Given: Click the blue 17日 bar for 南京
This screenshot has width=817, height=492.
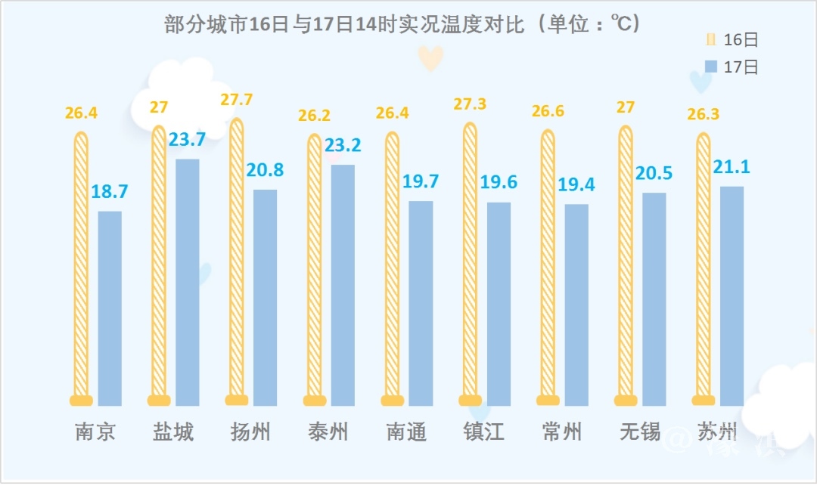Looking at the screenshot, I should tap(110, 308).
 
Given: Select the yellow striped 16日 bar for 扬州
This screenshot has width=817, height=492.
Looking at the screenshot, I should tap(236, 261).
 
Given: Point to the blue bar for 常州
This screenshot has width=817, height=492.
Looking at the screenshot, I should tap(576, 305).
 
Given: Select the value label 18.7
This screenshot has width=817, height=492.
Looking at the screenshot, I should tap(110, 191).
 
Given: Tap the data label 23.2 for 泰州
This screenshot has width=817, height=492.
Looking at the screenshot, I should tap(343, 145).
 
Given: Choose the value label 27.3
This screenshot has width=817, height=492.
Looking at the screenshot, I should tap(470, 104).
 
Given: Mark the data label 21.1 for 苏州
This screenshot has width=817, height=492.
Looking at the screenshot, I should tap(732, 166).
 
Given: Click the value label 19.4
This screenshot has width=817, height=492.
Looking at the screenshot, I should tap(576, 184).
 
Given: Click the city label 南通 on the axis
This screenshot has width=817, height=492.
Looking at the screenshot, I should tap(406, 432).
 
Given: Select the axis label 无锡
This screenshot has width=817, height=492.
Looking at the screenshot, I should tap(640, 432).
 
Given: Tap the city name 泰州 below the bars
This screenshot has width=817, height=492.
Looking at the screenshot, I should tap(328, 432).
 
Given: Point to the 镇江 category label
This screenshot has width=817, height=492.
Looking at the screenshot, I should tap(484, 432).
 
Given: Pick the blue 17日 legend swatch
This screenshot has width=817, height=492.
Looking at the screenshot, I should tap(710, 67).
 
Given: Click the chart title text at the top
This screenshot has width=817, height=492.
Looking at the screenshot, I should tap(402, 25).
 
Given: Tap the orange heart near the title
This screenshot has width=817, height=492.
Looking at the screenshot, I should tap(431, 58).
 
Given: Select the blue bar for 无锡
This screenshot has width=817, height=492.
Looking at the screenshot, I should tap(654, 299).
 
